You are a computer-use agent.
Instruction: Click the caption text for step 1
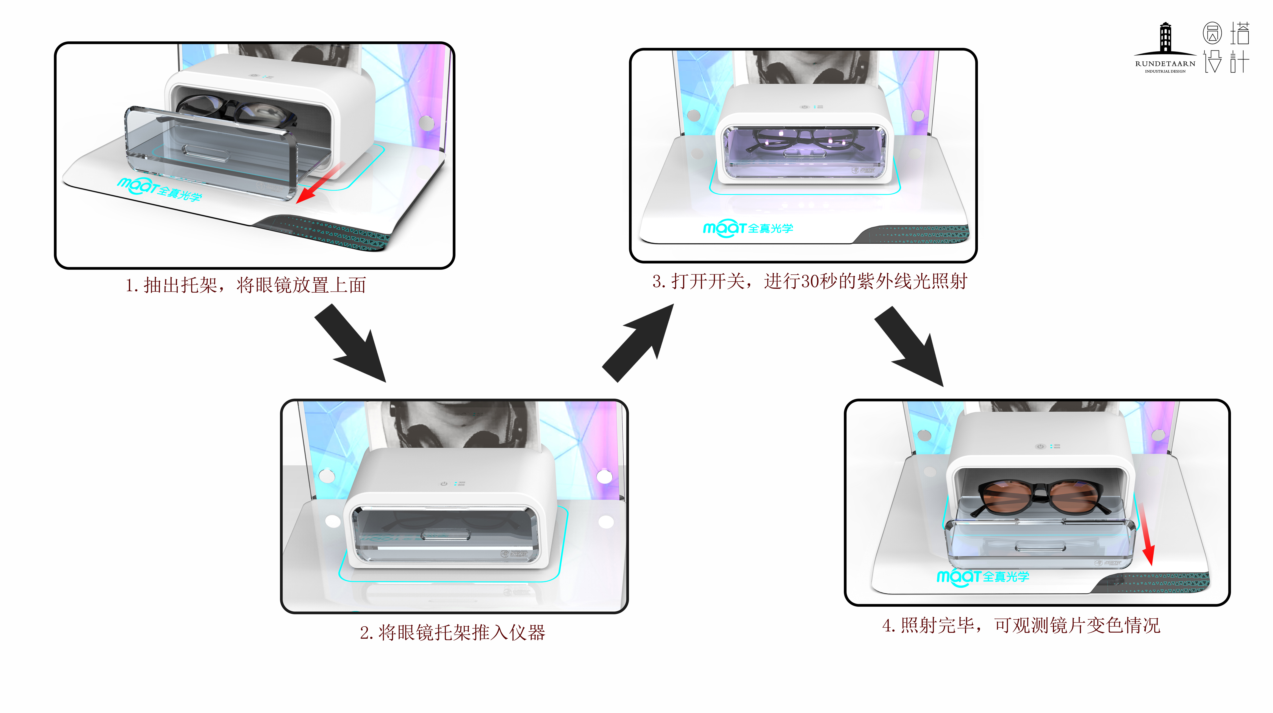pyautogui.click(x=246, y=285)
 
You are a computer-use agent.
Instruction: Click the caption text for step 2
pyautogui.click(x=452, y=632)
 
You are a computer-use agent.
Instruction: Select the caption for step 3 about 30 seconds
pyautogui.click(x=809, y=281)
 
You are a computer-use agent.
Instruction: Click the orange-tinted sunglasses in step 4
pyautogui.click(x=1040, y=497)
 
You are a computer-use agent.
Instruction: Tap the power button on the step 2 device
pyautogui.click(x=444, y=484)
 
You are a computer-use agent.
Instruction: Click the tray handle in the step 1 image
pyautogui.click(x=205, y=153)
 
